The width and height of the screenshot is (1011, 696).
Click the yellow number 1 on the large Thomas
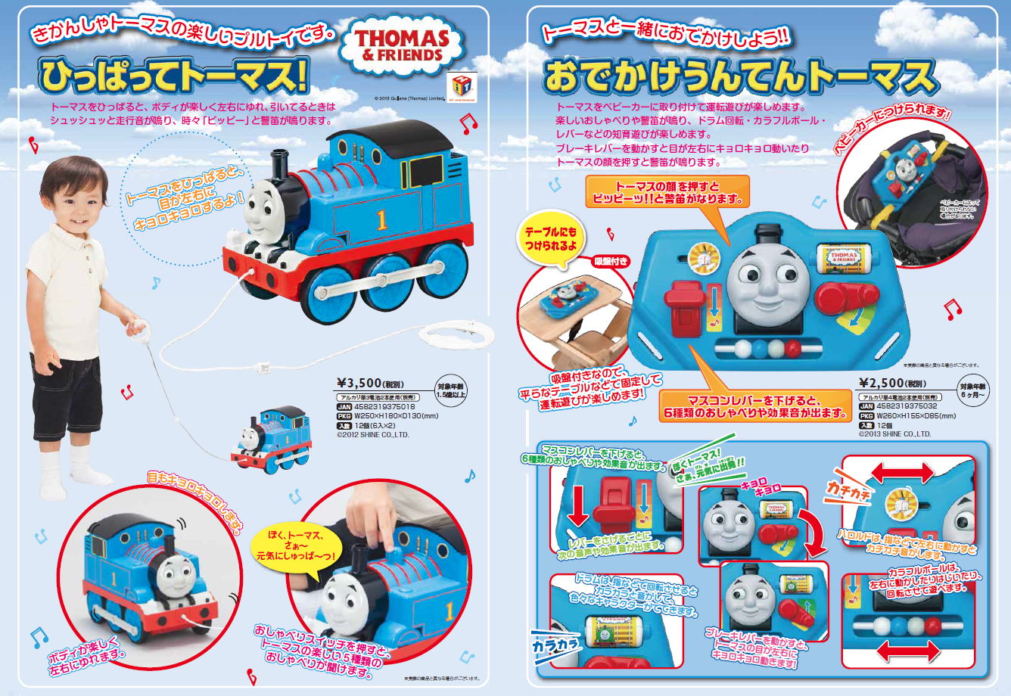(x=381, y=219)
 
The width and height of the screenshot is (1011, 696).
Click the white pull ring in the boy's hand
(x=137, y=328)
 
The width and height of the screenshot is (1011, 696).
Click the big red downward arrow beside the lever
(x=577, y=504)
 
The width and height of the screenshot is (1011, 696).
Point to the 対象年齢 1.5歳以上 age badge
(x=450, y=389)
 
